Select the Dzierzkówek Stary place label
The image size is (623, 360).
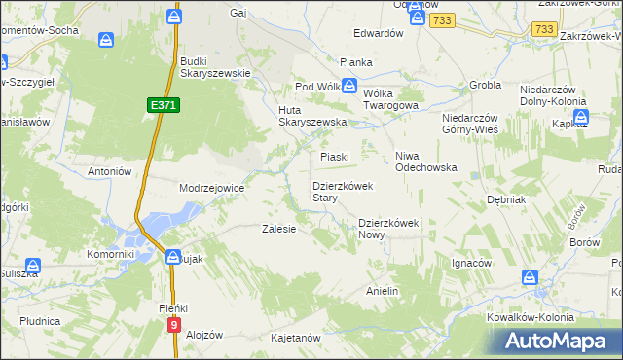338,191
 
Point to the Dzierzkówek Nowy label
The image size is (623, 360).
387,228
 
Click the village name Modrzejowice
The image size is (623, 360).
210,188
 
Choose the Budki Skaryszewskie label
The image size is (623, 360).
216,66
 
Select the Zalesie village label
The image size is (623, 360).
279,230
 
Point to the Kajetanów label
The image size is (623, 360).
296,338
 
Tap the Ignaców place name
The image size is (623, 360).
471,263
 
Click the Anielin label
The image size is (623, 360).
383,291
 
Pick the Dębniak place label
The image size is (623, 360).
506,199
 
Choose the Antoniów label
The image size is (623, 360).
109,171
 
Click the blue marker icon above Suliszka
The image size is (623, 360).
32,265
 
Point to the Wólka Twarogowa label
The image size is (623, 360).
390,98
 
